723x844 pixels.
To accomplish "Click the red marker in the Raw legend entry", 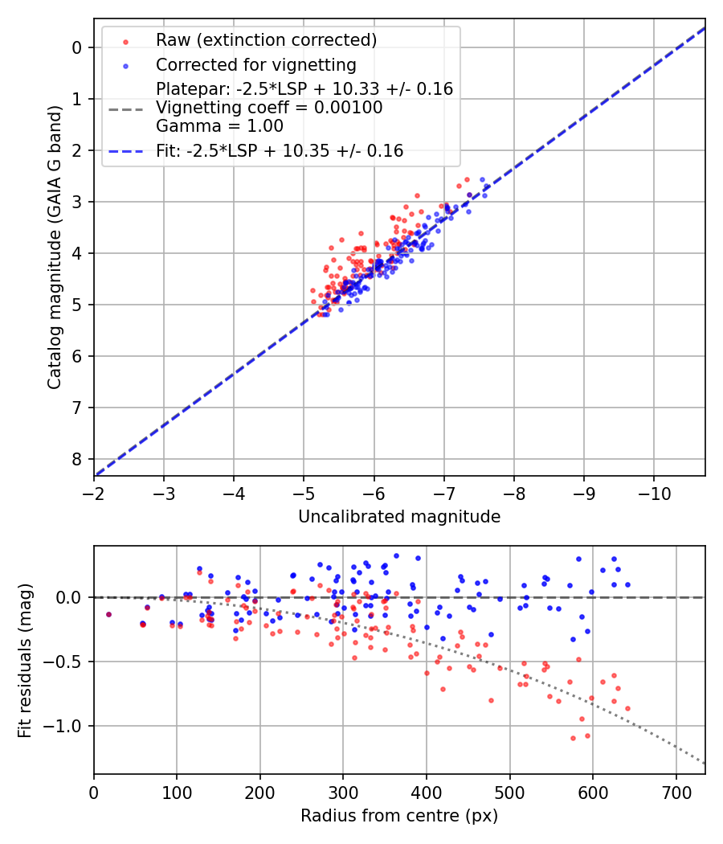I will pos(125,41).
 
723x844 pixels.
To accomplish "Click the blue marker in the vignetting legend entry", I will pos(125,65).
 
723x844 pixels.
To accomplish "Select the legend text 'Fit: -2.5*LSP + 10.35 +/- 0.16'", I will pos(280,150).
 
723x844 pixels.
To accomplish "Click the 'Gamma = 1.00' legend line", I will pos(219,126).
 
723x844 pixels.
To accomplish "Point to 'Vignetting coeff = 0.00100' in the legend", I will pos(269,108).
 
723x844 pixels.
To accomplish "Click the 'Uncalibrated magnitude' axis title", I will pos(399,517).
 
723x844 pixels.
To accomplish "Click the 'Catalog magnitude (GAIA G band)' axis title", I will pos(54,261).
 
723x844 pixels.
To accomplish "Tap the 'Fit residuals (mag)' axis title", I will pos(25,660).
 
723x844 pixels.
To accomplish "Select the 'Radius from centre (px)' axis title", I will pos(399,816).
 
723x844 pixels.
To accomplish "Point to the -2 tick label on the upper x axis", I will pos(94,492).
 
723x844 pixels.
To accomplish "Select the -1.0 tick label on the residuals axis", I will pos(68,726).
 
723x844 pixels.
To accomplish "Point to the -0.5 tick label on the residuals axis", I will pos(68,662).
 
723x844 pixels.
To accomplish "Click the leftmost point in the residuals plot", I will pos(108,614).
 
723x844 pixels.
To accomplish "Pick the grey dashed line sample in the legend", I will pos(125,108).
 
